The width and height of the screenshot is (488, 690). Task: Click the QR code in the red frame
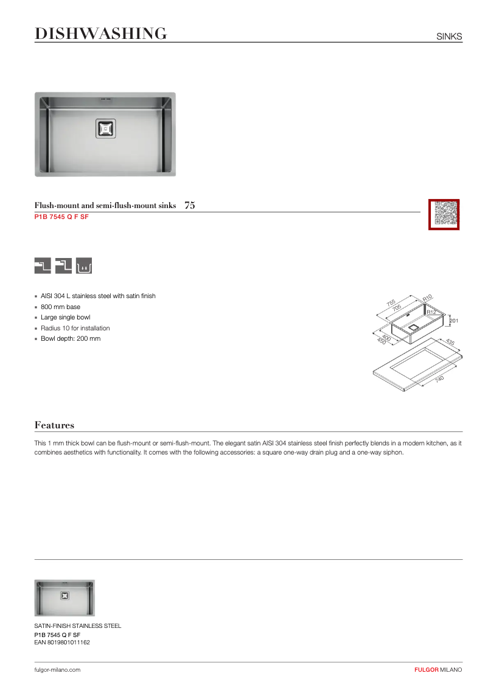(444, 214)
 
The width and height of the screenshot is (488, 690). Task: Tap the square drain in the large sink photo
(105, 128)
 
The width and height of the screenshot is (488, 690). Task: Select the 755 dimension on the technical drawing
(391, 302)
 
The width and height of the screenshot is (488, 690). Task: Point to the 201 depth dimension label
(453, 321)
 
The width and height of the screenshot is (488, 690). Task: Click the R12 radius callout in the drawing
(431, 312)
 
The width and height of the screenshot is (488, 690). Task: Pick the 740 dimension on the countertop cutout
(439, 378)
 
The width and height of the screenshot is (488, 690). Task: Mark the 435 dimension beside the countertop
(450, 343)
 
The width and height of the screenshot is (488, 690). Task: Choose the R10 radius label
(427, 298)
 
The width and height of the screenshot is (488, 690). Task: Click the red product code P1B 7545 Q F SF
(61, 217)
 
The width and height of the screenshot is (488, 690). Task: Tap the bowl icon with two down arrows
(84, 266)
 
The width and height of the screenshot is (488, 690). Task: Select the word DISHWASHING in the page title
(100, 34)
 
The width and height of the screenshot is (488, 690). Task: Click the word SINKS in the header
(449, 37)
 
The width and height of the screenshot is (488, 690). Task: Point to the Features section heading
(54, 425)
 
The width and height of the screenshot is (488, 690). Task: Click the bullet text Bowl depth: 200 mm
(71, 339)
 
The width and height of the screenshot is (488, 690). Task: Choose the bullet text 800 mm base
(60, 307)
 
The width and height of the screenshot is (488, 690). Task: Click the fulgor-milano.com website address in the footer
(57, 669)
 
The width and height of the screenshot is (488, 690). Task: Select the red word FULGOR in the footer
(426, 669)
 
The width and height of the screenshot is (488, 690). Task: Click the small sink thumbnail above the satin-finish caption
(64, 598)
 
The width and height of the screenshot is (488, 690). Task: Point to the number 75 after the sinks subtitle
(189, 206)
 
